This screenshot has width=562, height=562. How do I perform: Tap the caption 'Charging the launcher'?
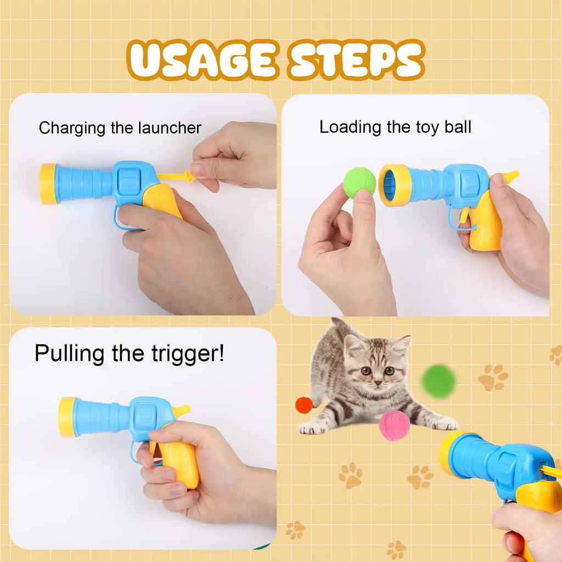(120, 128)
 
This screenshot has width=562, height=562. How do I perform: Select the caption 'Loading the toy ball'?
(395, 127)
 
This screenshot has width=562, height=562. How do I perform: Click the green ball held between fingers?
(359, 183)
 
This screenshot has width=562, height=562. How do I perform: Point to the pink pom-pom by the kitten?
(394, 425)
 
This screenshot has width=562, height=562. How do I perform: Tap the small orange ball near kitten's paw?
(304, 405)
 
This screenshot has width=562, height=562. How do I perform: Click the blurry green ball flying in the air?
(439, 381)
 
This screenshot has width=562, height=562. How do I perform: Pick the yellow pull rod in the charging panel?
(176, 177)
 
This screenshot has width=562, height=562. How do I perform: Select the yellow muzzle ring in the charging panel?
(48, 183)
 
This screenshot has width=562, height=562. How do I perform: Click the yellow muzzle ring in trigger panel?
(67, 417)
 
